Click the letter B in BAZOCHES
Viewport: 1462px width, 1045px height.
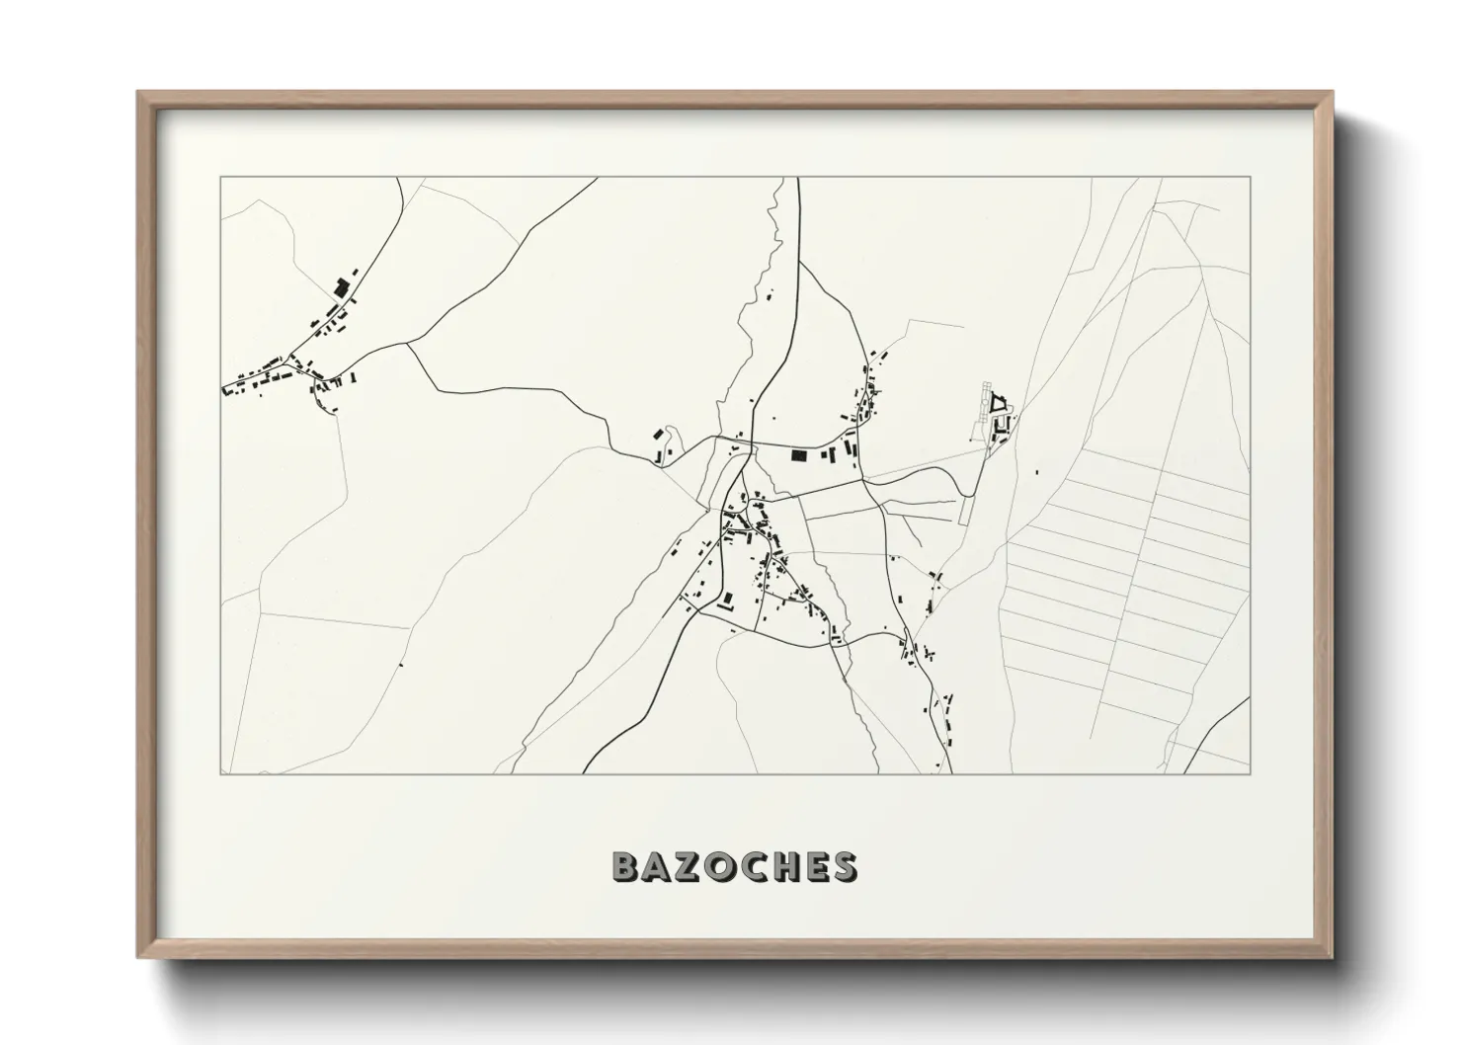click(x=626, y=866)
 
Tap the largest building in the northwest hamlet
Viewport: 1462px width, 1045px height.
click(x=342, y=288)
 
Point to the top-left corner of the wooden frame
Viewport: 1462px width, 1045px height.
click(x=139, y=93)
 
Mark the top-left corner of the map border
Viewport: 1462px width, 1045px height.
click(x=221, y=178)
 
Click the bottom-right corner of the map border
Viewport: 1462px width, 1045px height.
click(x=1250, y=773)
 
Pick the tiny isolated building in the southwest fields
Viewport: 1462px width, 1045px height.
click(x=400, y=665)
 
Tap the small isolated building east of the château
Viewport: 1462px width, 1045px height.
click(x=1036, y=471)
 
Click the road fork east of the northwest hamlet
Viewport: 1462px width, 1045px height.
click(x=407, y=344)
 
